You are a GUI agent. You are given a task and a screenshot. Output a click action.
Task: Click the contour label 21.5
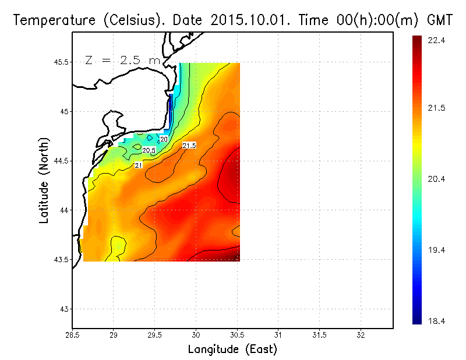click(x=189, y=145)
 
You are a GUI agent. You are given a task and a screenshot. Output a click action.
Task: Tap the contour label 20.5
click(x=149, y=150)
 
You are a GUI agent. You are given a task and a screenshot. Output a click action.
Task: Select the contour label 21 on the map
click(x=139, y=165)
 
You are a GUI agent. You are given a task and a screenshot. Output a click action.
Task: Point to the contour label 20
click(x=164, y=139)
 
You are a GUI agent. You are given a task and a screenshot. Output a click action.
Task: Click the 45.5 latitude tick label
click(x=59, y=62)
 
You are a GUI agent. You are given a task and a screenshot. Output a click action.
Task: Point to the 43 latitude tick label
click(x=63, y=309)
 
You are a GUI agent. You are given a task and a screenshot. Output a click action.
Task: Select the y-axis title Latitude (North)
click(x=44, y=180)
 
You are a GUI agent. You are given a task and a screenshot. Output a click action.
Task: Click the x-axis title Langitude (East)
click(x=232, y=350)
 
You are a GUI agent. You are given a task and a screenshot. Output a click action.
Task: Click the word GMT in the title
click(x=440, y=20)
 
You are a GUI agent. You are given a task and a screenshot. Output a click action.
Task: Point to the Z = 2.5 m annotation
click(x=122, y=60)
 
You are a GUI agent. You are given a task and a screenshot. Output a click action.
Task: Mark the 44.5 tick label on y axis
click(x=59, y=161)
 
